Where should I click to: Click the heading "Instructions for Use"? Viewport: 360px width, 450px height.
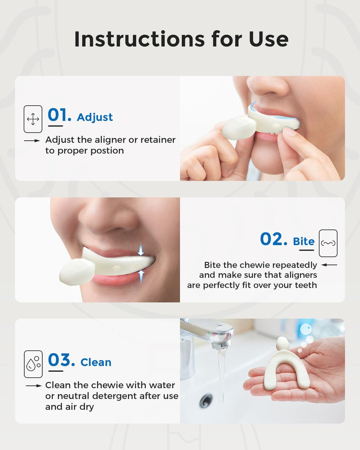click(x=181, y=40)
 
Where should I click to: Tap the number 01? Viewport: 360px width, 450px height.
click(x=59, y=116)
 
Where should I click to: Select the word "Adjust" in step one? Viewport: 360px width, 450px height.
click(x=95, y=117)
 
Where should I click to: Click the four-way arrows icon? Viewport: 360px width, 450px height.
click(x=33, y=119)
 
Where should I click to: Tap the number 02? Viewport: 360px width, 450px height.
click(x=273, y=240)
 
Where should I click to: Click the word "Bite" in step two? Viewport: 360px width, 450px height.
click(x=304, y=242)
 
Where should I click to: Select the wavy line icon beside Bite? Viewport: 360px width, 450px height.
click(x=328, y=243)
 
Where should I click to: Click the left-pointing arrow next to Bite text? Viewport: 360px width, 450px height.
click(x=329, y=265)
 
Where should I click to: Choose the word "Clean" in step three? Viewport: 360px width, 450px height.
click(x=96, y=362)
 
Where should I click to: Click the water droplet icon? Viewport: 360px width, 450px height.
click(x=33, y=364)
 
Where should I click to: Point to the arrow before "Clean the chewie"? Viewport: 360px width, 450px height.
click(x=34, y=386)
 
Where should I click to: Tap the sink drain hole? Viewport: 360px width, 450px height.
click(x=207, y=399)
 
